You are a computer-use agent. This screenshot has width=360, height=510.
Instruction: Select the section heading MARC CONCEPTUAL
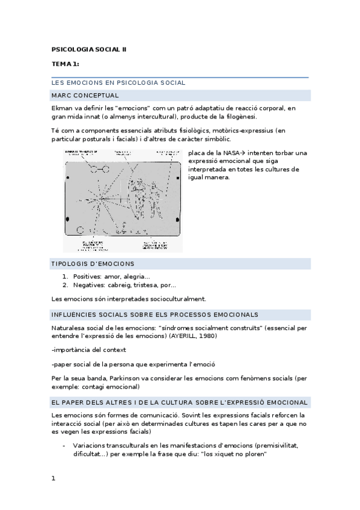tap(85, 95)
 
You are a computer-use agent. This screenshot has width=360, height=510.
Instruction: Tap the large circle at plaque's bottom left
tap(81, 230)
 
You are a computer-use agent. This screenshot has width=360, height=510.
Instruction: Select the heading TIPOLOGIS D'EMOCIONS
tap(93, 263)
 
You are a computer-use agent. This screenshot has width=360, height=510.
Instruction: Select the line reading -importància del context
tap(88, 349)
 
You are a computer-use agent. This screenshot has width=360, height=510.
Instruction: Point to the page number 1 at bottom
tap(53, 478)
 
